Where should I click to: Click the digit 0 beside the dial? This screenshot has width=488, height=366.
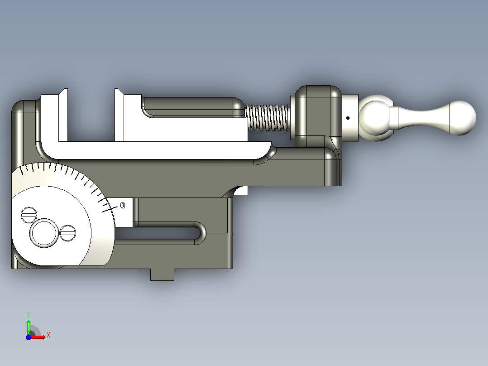(123, 205)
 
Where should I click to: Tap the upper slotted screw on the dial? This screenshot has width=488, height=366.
(29, 215)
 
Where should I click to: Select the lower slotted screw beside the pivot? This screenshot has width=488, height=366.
(67, 233)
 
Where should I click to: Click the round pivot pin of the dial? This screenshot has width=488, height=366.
(44, 233)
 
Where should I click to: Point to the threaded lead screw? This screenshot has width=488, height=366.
(268, 118)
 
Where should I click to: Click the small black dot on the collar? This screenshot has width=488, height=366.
(348, 118)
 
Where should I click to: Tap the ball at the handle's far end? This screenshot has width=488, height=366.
(463, 118)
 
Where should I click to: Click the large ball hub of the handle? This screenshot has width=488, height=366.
(375, 118)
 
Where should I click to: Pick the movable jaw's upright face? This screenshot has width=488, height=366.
(119, 115)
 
